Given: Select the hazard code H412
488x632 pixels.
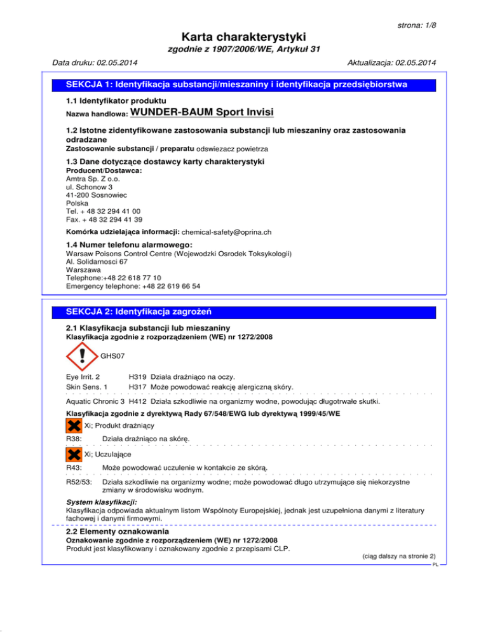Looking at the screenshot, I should point(139,401).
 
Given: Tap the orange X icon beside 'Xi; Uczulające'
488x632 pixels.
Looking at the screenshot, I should point(74,453).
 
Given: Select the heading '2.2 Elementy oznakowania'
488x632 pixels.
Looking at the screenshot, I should point(118,531).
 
